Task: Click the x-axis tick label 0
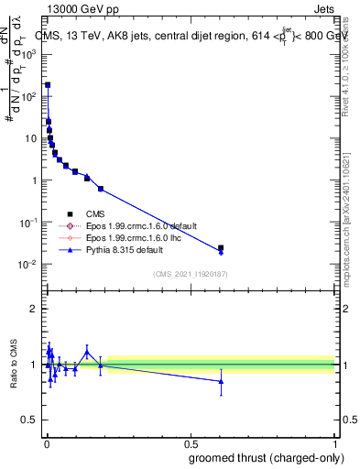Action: (x=47, y=444)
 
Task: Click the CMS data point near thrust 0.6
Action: (x=221, y=247)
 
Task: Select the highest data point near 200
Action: (x=48, y=84)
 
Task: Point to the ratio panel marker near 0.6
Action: (x=221, y=381)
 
